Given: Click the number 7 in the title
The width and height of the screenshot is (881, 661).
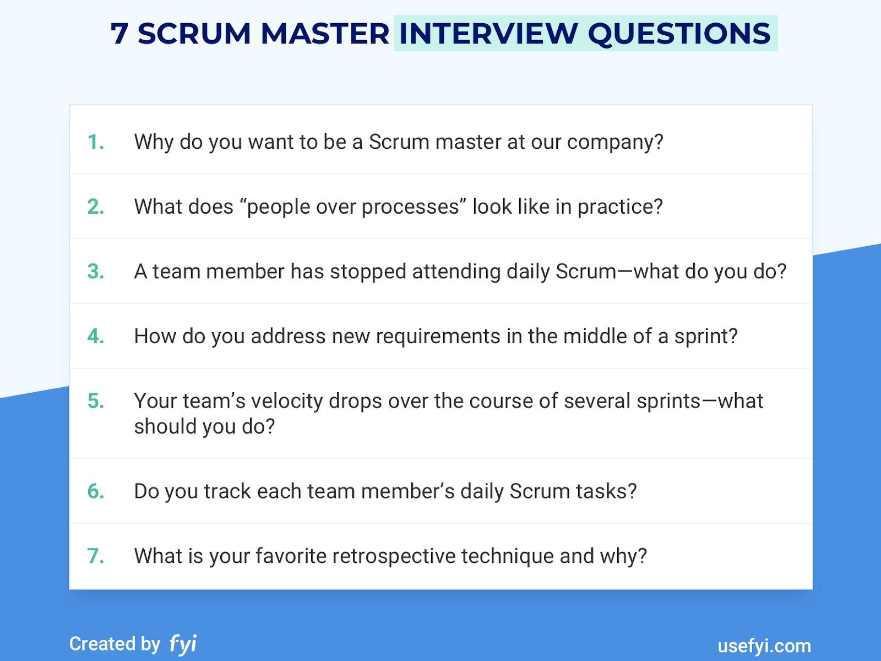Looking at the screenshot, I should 119,34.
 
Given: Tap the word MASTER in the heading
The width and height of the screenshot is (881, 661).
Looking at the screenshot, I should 325,34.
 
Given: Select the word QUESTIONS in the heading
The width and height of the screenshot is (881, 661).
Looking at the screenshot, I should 679,34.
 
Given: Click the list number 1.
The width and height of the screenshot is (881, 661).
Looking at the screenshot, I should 96,142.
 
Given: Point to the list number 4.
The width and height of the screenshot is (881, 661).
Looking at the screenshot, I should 96,336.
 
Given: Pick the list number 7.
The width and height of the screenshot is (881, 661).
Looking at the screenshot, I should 96,556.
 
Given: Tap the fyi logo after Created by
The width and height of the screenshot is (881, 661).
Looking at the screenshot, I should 183,643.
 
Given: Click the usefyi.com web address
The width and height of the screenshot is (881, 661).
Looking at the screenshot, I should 764,646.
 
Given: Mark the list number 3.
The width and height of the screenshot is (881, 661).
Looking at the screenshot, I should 96,272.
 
